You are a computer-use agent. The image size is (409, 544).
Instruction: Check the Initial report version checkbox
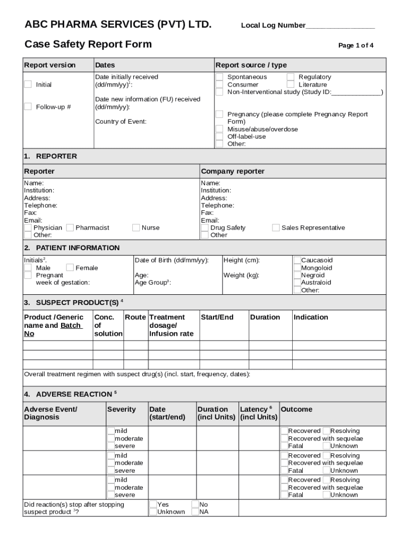pos(28,84)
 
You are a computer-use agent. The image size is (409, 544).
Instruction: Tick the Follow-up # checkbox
pos(28,107)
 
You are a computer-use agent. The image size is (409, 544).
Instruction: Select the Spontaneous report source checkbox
pos(219,77)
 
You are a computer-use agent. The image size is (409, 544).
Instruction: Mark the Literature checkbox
pos(291,84)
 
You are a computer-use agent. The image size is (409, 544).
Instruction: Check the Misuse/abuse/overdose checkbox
pos(219,129)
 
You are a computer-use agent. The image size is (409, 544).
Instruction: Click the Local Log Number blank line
pos(340,26)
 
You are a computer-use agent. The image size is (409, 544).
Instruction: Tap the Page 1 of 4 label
pos(355,46)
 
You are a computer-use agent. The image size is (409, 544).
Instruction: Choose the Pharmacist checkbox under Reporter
pos(70,228)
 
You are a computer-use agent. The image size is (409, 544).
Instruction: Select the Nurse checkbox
pos(136,228)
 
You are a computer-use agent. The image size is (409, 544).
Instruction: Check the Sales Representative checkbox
pos(276,228)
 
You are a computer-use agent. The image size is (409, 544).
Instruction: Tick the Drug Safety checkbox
pos(205,228)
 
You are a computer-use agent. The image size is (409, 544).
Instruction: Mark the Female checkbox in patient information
pos(70,268)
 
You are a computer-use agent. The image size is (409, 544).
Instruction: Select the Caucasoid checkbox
pos(297,260)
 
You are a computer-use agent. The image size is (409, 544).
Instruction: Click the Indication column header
pos(311,317)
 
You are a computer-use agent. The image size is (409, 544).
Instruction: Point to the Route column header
pos(135,317)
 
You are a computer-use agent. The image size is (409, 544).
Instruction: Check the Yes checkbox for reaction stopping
pos(153,504)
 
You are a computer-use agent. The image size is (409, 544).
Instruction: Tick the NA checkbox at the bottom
pos(195,512)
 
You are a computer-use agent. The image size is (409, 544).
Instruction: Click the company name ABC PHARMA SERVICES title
pos(118,24)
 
